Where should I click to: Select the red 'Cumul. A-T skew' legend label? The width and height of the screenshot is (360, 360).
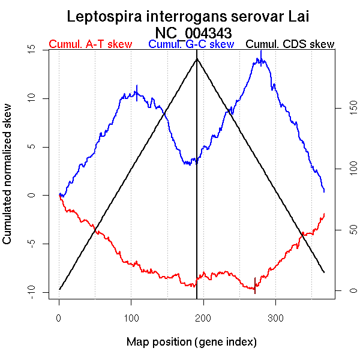90,44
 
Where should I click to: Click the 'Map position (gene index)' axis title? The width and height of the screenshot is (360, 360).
191,342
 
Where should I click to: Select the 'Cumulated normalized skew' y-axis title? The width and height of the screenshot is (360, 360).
8,181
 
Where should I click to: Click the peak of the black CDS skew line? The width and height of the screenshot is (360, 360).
197,58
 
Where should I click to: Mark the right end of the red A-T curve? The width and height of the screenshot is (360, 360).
324,214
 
